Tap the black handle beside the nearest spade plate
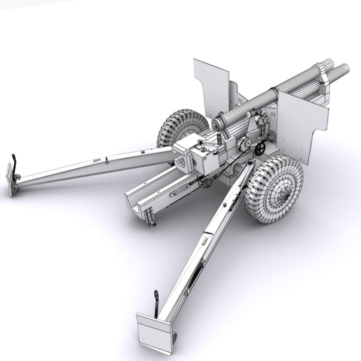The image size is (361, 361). coord(156,303)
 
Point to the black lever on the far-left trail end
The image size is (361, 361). coord(14,164)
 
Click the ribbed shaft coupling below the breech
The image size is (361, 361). coord(207,183)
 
